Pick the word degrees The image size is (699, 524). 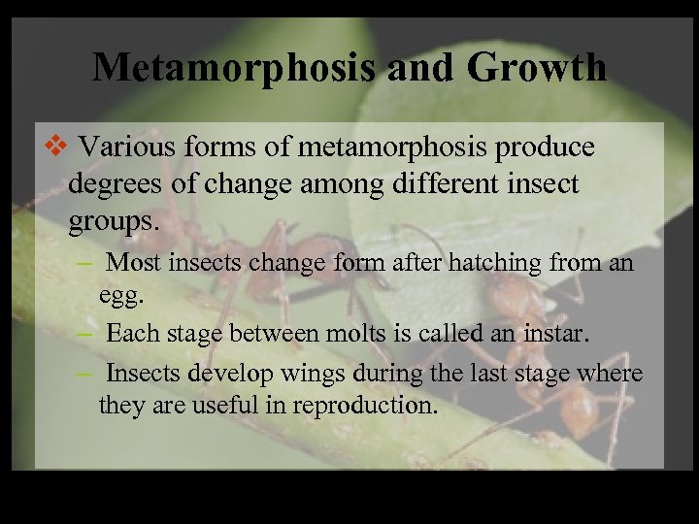[x=116, y=184]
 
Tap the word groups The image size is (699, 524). [x=112, y=220]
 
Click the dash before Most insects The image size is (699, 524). [x=85, y=262]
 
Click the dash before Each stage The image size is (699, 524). [x=85, y=333]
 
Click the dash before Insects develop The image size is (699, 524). [x=85, y=373]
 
